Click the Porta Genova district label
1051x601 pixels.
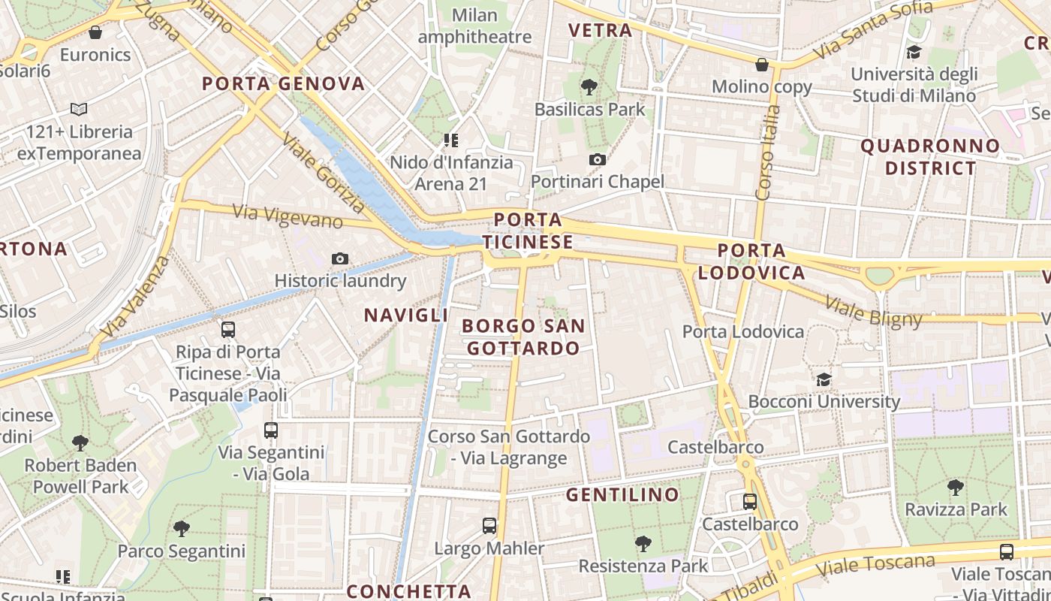(284, 83)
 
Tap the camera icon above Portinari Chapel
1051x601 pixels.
(598, 159)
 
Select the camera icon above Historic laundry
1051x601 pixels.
(340, 259)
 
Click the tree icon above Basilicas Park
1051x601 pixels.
(589, 87)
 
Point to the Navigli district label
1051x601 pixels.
(406, 316)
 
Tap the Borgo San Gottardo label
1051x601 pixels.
(523, 337)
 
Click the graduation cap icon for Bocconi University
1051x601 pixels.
(824, 379)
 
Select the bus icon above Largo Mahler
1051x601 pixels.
(489, 526)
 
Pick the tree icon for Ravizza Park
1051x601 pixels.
(956, 488)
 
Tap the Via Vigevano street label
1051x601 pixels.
(288, 216)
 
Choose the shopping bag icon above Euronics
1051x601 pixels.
(95, 32)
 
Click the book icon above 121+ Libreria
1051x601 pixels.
(79, 110)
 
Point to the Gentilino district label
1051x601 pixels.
(622, 495)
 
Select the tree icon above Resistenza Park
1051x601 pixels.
(643, 543)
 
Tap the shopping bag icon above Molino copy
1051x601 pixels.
(762, 65)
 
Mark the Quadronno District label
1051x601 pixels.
(931, 157)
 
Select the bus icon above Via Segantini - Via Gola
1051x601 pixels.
(271, 430)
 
